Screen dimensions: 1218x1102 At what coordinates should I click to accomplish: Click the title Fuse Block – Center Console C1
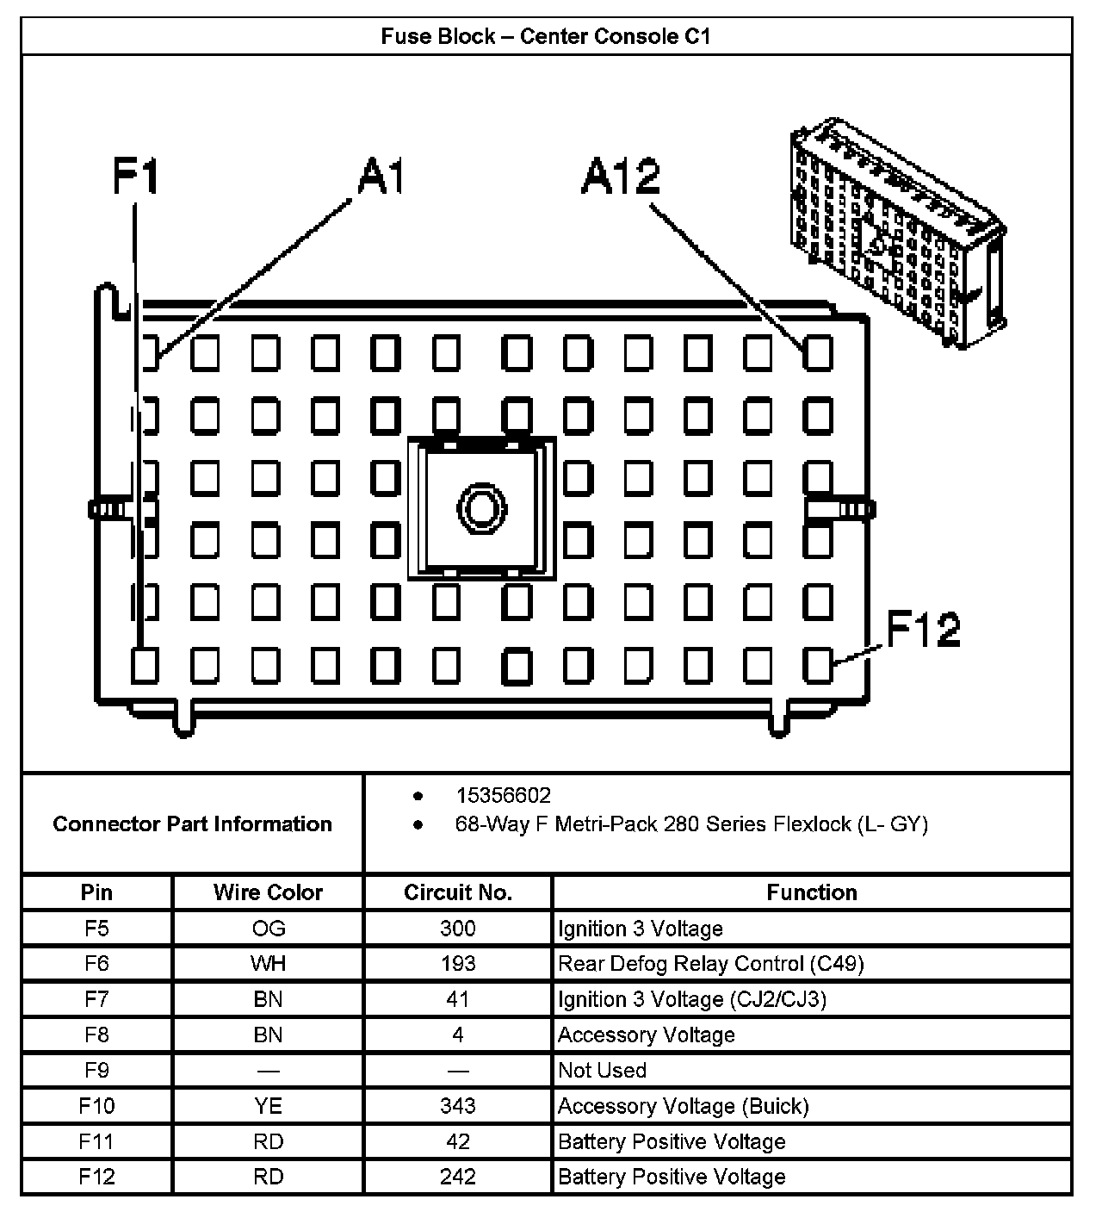(546, 37)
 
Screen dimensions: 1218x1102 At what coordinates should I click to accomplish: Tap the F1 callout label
(136, 176)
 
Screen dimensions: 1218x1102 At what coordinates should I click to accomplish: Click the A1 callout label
(381, 176)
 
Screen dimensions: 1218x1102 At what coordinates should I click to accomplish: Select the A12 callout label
(621, 176)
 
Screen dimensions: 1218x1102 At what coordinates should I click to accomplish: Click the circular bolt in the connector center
(481, 507)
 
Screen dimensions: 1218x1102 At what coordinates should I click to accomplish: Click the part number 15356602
(503, 795)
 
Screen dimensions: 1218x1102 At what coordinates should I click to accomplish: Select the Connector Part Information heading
(192, 824)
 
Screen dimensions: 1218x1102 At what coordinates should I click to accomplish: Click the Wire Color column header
(268, 892)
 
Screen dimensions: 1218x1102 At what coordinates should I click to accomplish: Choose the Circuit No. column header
(458, 892)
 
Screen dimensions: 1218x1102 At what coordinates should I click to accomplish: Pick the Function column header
(811, 892)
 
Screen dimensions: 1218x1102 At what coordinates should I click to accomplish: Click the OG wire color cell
(268, 929)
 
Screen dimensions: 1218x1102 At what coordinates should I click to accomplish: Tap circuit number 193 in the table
(458, 964)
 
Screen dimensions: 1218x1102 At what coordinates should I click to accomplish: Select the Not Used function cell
(602, 1071)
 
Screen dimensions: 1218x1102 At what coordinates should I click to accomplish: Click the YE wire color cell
(268, 1106)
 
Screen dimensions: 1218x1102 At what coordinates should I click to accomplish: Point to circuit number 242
(458, 1177)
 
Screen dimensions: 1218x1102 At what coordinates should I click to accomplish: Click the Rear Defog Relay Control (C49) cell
(710, 964)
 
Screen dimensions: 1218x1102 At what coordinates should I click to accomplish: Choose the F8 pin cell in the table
(96, 1035)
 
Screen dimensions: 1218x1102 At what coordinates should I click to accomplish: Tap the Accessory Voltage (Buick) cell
(683, 1106)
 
